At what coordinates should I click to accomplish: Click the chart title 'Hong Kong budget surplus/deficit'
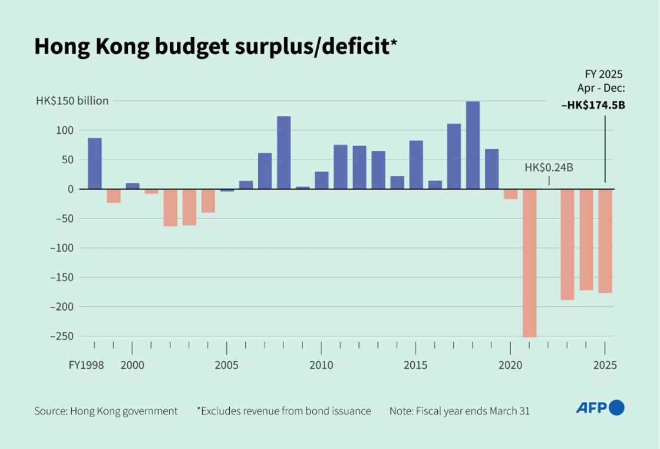pos(212,47)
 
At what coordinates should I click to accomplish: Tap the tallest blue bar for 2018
pos(473,145)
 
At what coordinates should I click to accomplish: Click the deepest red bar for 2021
pos(529,263)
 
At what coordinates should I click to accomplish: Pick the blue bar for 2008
pos(283,152)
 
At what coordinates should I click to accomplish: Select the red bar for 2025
pos(605,240)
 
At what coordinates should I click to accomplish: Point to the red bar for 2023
pos(567,244)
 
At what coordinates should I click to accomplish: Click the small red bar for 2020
pos(510,194)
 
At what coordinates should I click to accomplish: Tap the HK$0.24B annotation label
pos(549,169)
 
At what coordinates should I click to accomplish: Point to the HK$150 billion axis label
pos(72,101)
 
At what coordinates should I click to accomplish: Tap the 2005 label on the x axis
pos(227,365)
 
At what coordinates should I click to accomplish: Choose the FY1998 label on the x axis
pos(86,365)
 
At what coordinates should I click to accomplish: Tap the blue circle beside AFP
pos(616,407)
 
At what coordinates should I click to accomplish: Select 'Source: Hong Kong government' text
pos(106,411)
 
